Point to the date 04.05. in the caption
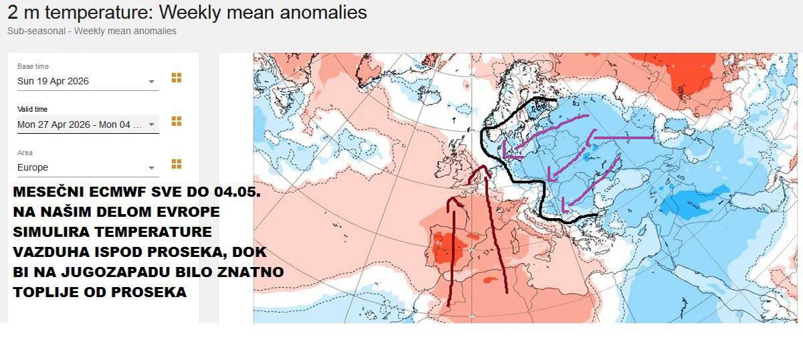238,193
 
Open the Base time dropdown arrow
152,82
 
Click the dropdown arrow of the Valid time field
152,124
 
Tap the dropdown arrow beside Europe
152,168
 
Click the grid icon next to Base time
177,78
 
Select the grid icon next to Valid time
177,121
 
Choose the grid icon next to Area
177,164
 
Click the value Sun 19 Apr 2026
54,82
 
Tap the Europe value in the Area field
33,168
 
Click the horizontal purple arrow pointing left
622,138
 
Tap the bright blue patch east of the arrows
689,201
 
